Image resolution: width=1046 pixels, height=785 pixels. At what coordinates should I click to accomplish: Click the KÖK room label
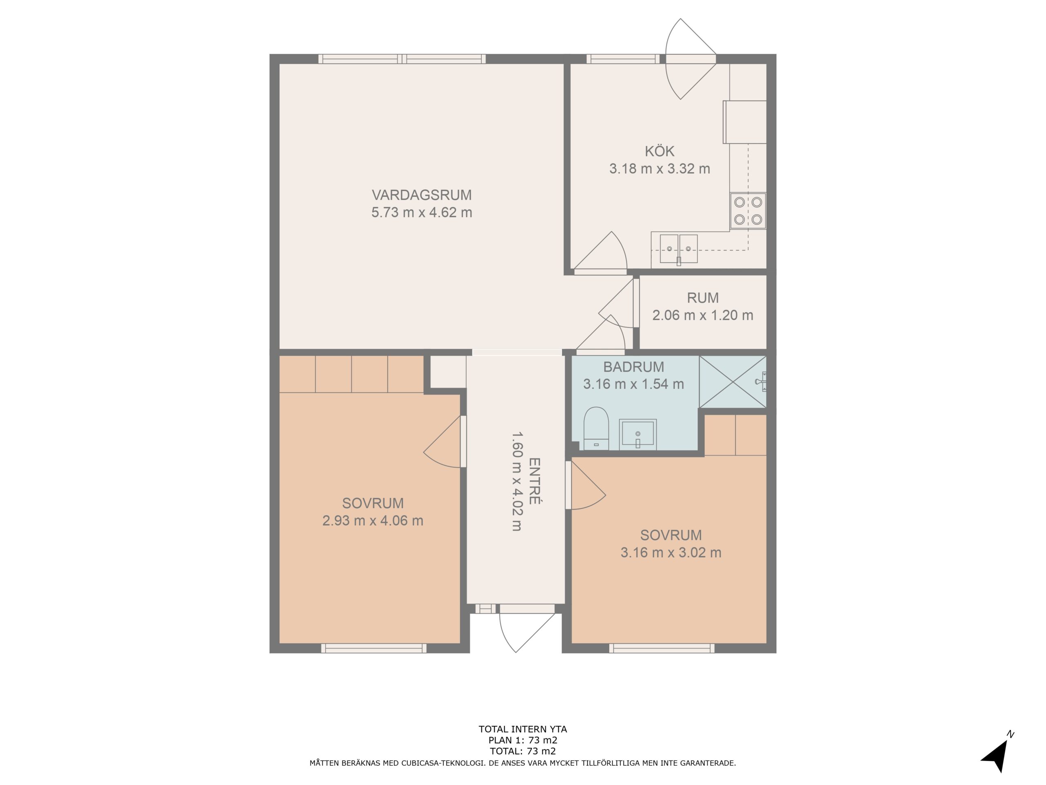(659, 151)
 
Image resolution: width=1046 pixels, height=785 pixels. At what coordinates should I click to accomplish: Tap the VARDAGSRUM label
(421, 195)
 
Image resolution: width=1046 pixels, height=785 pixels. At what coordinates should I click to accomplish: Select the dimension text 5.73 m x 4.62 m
(421, 213)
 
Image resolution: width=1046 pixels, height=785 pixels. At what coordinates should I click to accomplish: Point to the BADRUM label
(633, 367)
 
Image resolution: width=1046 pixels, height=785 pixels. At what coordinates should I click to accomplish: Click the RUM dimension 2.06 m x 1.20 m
(703, 315)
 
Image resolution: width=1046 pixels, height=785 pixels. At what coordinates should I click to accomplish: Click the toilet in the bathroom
(596, 428)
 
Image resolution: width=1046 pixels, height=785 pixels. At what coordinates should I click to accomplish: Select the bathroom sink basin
(637, 434)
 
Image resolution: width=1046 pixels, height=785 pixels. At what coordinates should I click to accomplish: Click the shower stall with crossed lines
(733, 381)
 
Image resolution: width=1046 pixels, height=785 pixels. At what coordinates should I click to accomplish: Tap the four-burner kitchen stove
(748, 211)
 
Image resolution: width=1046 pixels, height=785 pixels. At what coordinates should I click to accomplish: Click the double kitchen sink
(679, 249)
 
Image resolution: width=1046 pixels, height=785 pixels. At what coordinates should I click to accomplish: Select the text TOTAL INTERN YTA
(523, 729)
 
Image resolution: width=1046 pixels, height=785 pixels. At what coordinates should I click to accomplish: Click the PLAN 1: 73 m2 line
(523, 740)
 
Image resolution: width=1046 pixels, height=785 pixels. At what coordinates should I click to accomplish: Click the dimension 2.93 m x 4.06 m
(373, 520)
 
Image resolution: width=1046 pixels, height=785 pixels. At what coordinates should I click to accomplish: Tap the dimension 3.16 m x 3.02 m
(671, 552)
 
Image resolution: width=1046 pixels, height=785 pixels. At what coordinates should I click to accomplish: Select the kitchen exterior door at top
(691, 59)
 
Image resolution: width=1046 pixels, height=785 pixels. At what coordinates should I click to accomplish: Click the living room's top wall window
(402, 59)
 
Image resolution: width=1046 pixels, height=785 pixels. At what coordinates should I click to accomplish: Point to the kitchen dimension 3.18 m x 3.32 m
(659, 168)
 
